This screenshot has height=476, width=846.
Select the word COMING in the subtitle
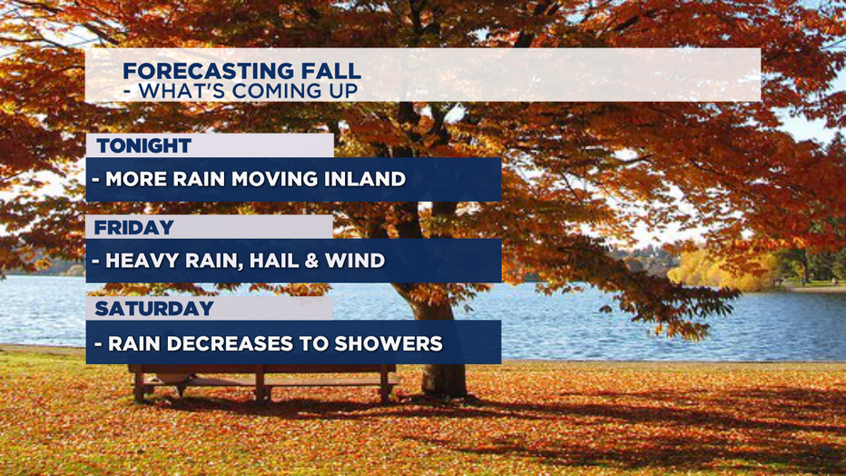click(x=276, y=91)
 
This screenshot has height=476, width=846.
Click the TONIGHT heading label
click(x=144, y=145)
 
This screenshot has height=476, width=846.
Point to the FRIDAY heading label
click(x=133, y=228)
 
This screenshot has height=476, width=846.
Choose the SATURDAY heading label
click(x=154, y=309)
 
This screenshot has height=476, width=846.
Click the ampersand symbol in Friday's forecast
click(x=311, y=261)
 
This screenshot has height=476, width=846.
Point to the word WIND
click(x=355, y=261)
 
